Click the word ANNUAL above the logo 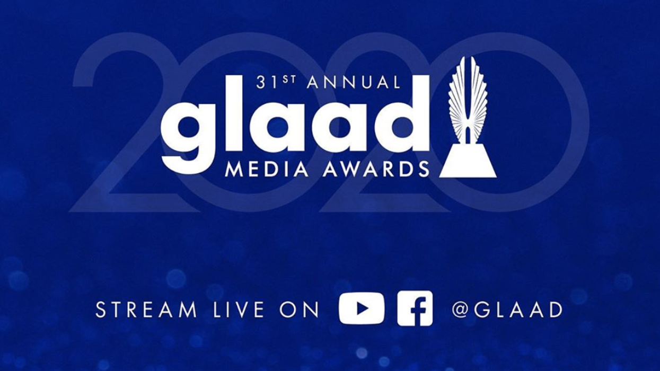(354, 83)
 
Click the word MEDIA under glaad (261, 169)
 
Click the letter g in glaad (185, 130)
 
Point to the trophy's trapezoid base (468, 161)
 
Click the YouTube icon (362, 308)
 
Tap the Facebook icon (415, 308)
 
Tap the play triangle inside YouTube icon (362, 308)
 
